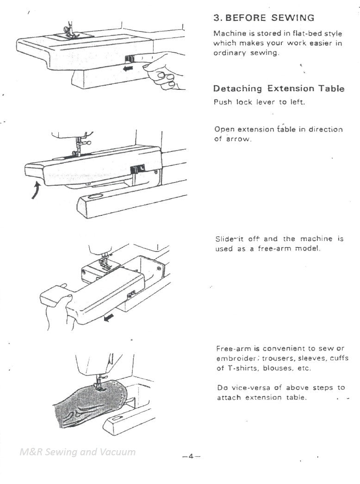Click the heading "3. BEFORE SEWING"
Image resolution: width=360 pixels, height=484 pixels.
pos(263,18)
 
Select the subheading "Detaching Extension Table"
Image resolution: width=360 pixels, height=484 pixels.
pos(279,88)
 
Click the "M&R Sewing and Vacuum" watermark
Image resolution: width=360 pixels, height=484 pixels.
pos(78,452)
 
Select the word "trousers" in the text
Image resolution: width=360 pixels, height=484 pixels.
pos(279,358)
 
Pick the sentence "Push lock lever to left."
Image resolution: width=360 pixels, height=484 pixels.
pos(259,102)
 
